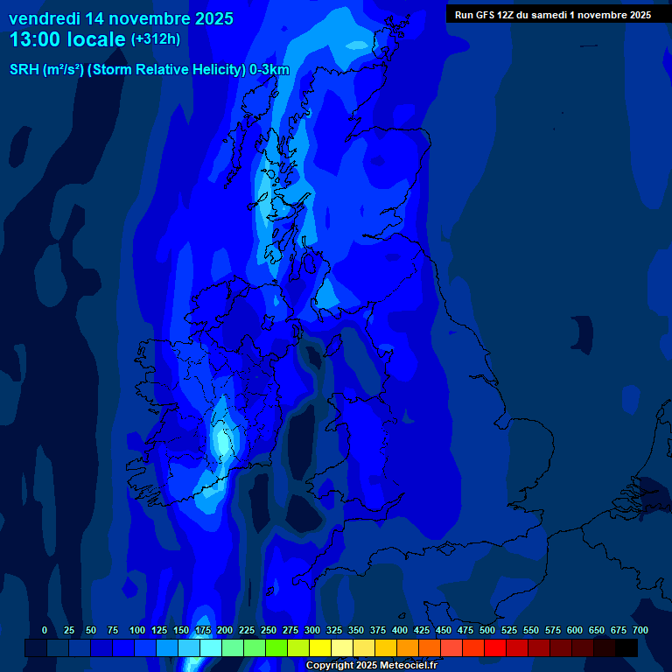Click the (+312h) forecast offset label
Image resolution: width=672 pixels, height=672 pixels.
pos(156,39)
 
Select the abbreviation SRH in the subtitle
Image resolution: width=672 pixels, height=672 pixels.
pos(24,70)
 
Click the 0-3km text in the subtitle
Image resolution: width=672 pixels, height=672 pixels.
pos(269,70)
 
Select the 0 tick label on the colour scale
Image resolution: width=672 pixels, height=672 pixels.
pos(45,630)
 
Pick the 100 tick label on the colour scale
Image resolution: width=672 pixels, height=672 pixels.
pos(137,630)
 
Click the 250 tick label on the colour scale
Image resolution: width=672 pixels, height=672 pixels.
pos(269,630)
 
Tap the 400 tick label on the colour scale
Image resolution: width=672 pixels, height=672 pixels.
pos(400,630)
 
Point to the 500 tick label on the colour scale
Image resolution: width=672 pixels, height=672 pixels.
pos(487,630)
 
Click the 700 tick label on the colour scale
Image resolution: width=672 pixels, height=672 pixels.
pos(640,630)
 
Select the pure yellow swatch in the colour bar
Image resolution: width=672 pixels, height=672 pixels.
pos(320,647)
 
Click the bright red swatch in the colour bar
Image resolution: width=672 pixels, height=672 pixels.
pos(495,647)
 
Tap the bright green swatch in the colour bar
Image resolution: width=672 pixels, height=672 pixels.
pos(276,647)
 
